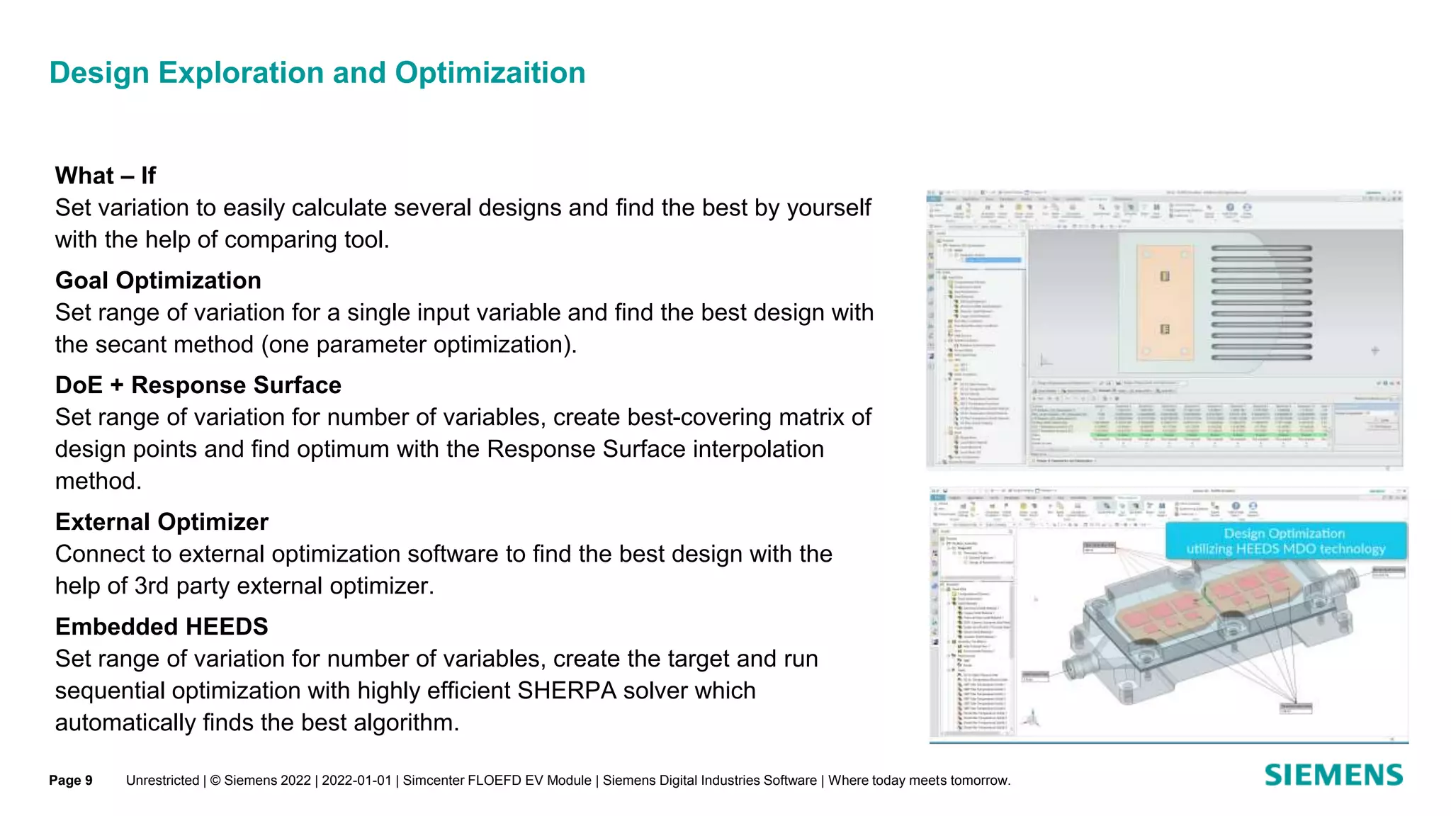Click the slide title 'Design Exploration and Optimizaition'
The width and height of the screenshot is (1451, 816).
[x=317, y=73]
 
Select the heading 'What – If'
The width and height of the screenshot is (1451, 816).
[x=105, y=176]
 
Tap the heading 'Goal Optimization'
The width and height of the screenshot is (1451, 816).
[x=158, y=280]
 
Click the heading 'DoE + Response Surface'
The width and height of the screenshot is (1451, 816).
[x=198, y=385]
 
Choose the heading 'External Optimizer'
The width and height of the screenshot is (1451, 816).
[x=162, y=522]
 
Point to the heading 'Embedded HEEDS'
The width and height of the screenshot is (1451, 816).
[x=162, y=627]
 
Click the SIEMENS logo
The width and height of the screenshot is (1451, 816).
[x=1333, y=775]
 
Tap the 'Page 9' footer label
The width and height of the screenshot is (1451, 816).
[x=71, y=781]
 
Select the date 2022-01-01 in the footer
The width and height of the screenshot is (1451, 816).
[x=356, y=781]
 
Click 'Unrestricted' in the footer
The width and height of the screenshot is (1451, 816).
[x=162, y=781]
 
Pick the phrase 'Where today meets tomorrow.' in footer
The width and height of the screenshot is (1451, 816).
[x=919, y=781]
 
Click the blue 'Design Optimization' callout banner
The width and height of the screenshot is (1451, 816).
[x=1285, y=541]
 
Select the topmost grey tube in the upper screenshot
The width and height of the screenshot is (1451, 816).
[x=1261, y=248]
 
